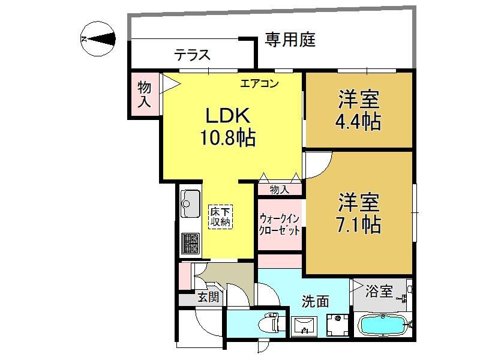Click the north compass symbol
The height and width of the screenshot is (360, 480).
(98, 39)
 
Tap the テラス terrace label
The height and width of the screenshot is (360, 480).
(193, 55)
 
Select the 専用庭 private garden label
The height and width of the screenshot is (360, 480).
(290, 40)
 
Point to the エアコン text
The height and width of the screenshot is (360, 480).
(259, 83)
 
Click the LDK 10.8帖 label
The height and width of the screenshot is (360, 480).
(228, 127)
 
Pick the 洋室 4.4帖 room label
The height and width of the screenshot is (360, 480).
(358, 110)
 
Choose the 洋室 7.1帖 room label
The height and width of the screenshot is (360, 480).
(358, 213)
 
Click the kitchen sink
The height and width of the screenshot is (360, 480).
(190, 203)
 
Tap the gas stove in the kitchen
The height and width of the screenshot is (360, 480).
(190, 244)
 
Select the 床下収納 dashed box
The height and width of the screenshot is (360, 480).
(220, 217)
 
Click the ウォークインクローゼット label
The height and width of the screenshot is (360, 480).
(279, 224)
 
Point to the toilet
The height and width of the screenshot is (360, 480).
(269, 323)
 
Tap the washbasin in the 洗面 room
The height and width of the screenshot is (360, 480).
(304, 326)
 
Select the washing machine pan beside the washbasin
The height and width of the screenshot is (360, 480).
(337, 325)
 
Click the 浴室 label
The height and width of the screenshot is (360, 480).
(379, 291)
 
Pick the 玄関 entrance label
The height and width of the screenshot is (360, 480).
(208, 296)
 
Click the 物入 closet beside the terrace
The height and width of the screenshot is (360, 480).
(144, 94)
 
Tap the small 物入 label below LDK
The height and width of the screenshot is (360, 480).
(279, 190)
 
